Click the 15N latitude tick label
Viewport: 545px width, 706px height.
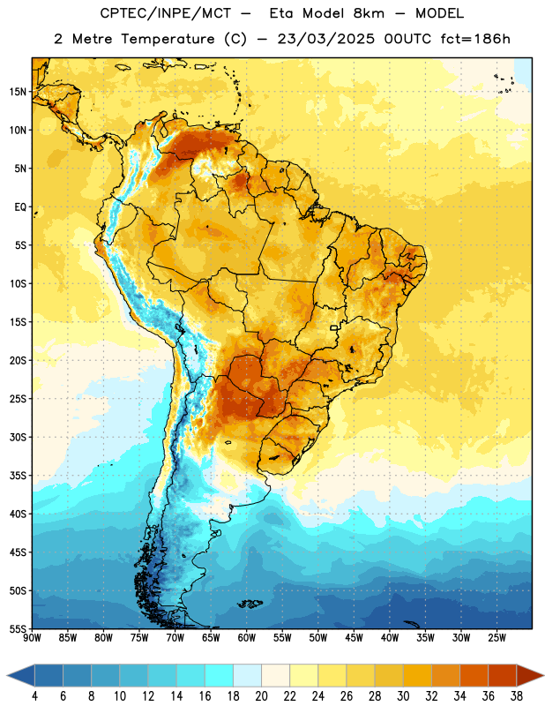(x=18, y=92)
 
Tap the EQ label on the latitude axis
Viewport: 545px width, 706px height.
(x=20, y=207)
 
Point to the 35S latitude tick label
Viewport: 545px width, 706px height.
(x=18, y=476)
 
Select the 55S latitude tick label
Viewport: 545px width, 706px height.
(x=18, y=628)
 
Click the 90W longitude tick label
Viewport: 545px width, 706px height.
(x=32, y=637)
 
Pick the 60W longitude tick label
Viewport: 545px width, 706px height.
(x=247, y=637)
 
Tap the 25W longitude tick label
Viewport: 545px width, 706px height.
(x=496, y=637)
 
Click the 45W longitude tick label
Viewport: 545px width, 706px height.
(x=354, y=637)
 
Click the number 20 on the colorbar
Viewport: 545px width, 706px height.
(x=261, y=696)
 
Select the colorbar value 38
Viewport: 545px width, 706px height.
(x=516, y=696)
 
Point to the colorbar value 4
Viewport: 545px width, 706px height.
(x=34, y=696)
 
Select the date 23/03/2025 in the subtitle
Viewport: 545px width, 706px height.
(x=325, y=39)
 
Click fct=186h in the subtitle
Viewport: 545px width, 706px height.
(x=475, y=39)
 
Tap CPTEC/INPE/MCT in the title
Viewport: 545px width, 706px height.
(x=165, y=13)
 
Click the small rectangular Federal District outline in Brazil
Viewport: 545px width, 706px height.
(x=334, y=327)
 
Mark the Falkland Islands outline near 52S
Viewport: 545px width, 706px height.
(x=250, y=604)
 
